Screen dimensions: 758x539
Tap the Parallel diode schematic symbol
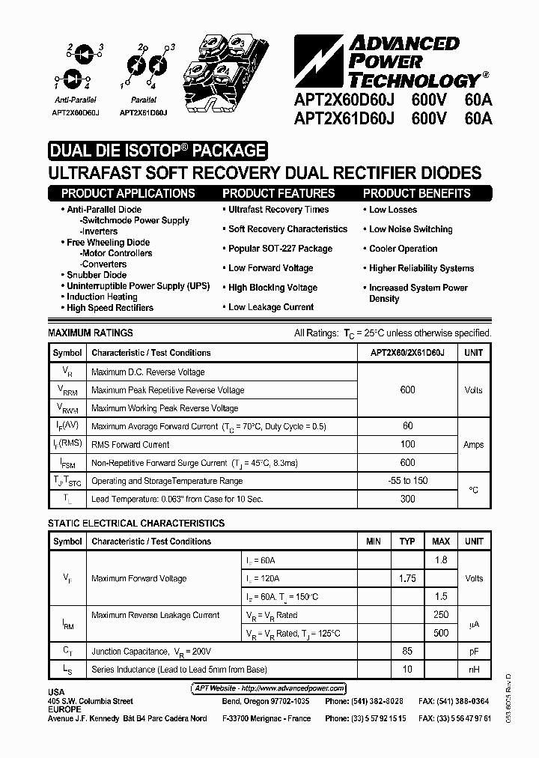143,64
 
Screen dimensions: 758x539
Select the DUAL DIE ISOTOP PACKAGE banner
157,151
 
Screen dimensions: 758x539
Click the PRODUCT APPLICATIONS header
128,193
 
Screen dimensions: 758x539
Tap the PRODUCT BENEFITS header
416,193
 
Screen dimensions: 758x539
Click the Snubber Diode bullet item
97,275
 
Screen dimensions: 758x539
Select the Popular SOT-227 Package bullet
280,249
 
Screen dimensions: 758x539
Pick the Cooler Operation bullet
403,249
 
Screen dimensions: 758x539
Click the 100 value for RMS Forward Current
408,445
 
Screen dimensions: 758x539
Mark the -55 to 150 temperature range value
408,481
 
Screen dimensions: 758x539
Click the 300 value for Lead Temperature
408,499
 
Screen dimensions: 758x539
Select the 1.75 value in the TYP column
407,578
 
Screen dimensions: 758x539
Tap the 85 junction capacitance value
407,652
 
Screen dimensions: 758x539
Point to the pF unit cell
474,652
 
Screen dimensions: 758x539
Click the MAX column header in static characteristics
441,542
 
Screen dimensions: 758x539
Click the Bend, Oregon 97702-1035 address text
266,701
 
